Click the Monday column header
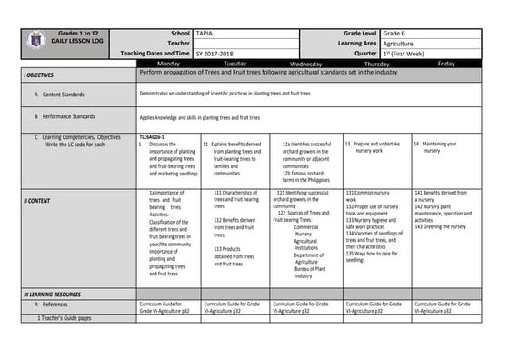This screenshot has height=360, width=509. [x=168, y=64]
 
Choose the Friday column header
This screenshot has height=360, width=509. [x=446, y=64]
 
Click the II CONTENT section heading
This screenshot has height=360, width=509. [x=38, y=200]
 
